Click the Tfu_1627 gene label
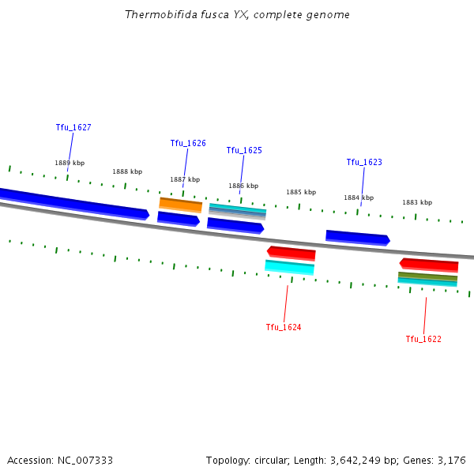pyautogui.click(x=73, y=127)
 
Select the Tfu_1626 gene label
pyautogui.click(x=188, y=143)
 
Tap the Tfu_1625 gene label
pyautogui.click(x=244, y=150)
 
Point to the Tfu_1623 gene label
pyautogui.click(x=364, y=162)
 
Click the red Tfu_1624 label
pyautogui.click(x=284, y=327)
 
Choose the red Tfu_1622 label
pyautogui.click(x=423, y=339)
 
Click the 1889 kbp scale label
pyautogui.click(x=70, y=163)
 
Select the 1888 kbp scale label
pyautogui.click(x=127, y=171)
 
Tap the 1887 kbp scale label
pyautogui.click(x=185, y=179)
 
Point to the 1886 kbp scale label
pyautogui.click(x=243, y=186)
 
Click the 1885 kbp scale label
pyautogui.click(x=301, y=192)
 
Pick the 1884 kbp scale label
pyautogui.click(x=359, y=197)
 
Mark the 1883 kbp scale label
pyautogui.click(x=417, y=202)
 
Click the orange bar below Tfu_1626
pyautogui.click(x=180, y=205)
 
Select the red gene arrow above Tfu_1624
pyautogui.click(x=292, y=253)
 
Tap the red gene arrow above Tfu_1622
pyautogui.click(x=429, y=264)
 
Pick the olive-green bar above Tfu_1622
pyautogui.click(x=427, y=276)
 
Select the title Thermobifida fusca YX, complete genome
pyautogui.click(x=237, y=15)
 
